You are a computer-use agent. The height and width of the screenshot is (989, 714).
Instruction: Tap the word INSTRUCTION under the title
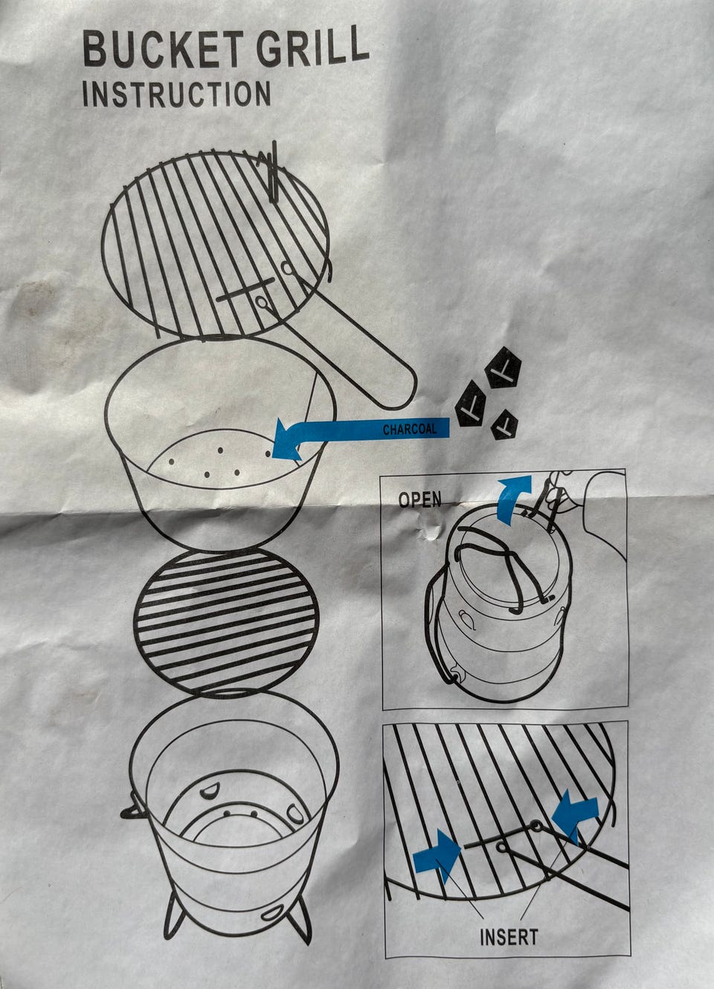click(176, 94)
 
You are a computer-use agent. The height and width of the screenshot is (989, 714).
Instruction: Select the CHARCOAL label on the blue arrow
click(409, 429)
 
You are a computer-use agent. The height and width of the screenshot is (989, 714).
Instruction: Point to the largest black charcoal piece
click(503, 368)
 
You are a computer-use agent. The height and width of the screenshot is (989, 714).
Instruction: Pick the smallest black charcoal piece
click(504, 425)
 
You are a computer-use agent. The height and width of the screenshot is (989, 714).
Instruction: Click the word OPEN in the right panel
click(419, 499)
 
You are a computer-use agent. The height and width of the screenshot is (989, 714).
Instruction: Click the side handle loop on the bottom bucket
click(131, 810)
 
